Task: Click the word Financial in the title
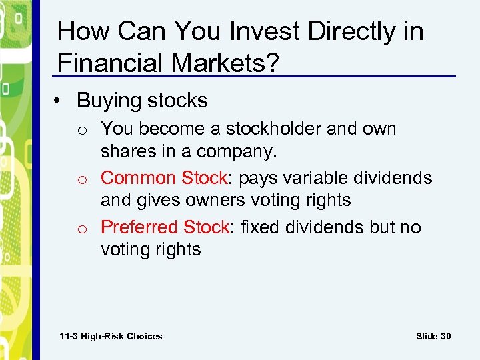pos(107,63)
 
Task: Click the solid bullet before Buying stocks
pos(61,101)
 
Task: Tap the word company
pos(237,151)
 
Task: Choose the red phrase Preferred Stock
pos(165,227)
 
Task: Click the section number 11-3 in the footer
pos(69,336)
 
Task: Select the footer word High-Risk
pos(104,336)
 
